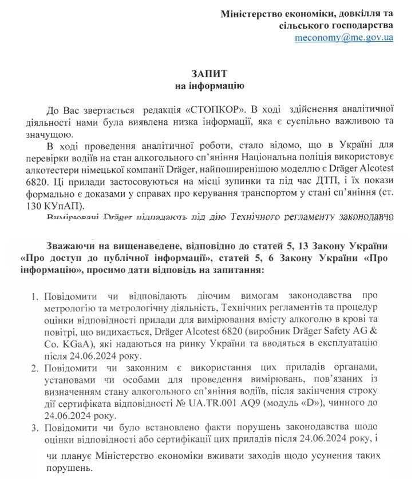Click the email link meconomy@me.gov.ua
343,38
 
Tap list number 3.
33,427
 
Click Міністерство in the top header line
250,14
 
